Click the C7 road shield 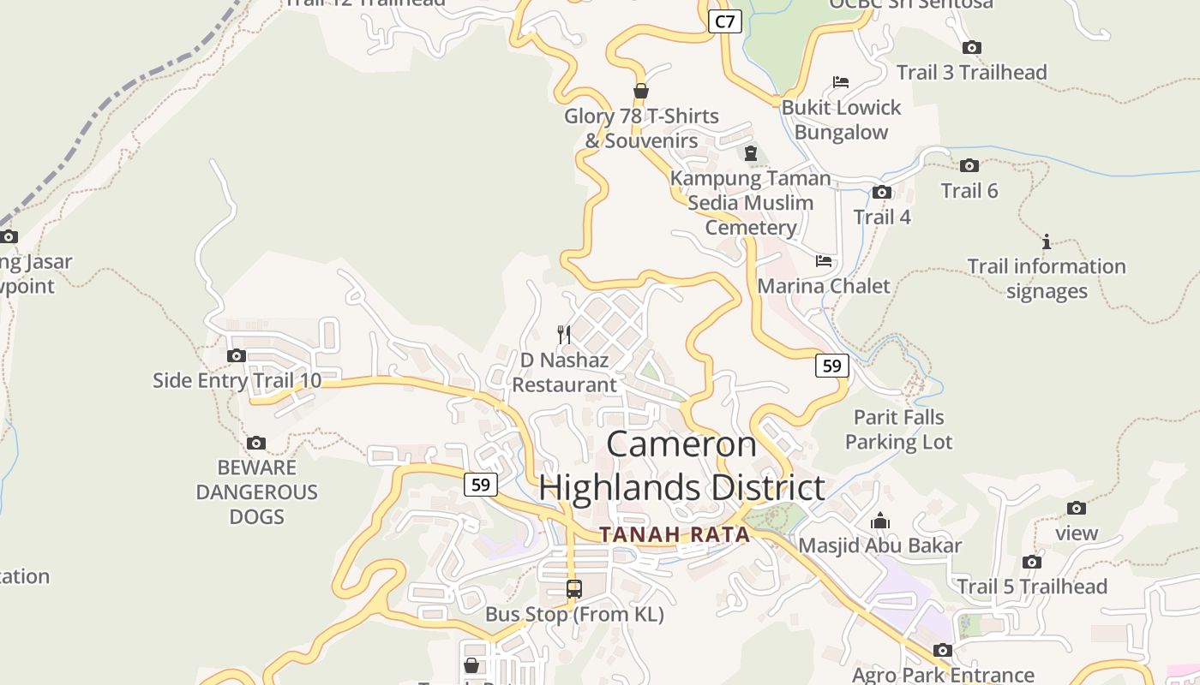[x=725, y=21]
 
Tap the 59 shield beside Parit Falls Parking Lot [x=831, y=366]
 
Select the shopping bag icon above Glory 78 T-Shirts [x=640, y=91]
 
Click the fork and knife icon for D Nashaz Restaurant [x=563, y=334]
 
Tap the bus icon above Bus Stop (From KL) [x=574, y=589]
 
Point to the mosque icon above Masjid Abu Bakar [x=879, y=521]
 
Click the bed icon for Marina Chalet [x=824, y=260]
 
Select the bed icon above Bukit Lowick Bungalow [x=841, y=82]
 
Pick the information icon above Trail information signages [x=1046, y=241]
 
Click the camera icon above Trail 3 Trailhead [x=971, y=47]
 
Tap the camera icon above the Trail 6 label [x=969, y=165]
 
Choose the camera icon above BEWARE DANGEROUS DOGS [x=255, y=443]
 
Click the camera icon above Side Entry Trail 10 [x=237, y=355]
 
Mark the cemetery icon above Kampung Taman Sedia [x=751, y=153]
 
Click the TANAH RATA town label [x=675, y=535]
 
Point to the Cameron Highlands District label [x=682, y=466]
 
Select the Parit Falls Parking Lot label [x=898, y=430]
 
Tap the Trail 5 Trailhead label [x=1032, y=587]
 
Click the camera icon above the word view [x=1077, y=508]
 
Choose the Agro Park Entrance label [x=943, y=676]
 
